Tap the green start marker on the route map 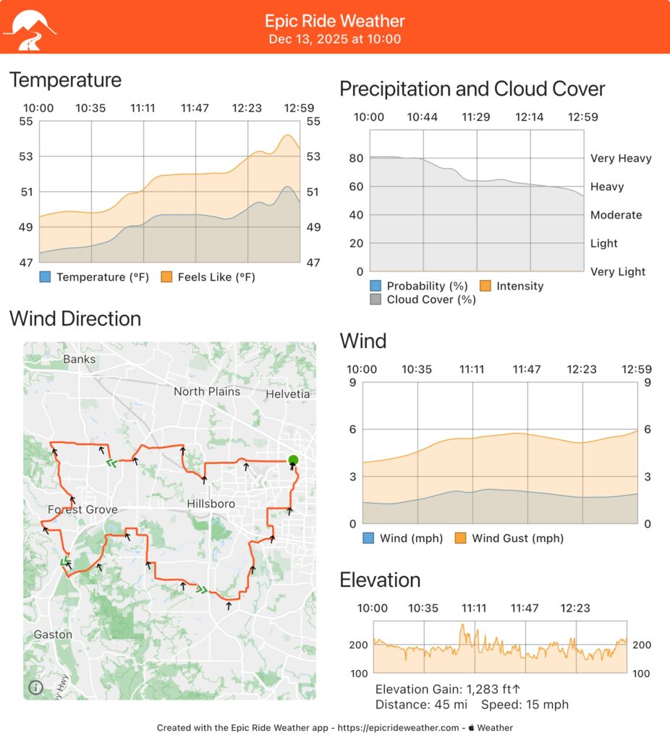click(292, 460)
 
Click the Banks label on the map click(79, 359)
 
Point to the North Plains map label click(206, 391)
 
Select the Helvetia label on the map click(287, 394)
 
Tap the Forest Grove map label click(82, 509)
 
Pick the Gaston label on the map click(53, 635)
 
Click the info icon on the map click(35, 687)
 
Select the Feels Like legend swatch click(167, 277)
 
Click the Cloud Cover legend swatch click(376, 300)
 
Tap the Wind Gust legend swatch click(461, 538)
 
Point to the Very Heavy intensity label click(621, 158)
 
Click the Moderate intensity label click(616, 215)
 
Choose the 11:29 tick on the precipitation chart click(477, 117)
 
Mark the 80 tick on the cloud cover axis click(355, 158)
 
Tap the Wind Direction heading click(75, 318)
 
